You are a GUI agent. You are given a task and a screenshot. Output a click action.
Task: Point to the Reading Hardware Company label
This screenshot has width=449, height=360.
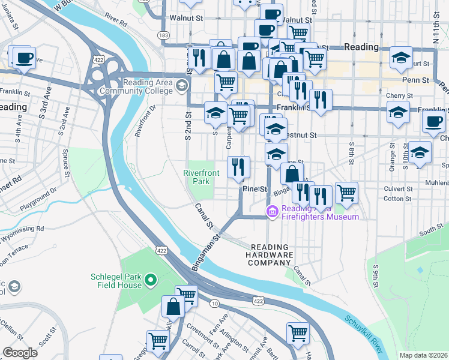point(270,255)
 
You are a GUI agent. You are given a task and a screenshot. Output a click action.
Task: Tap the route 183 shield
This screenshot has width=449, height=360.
point(163,35)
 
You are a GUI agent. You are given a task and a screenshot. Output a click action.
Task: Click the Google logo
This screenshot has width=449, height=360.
point(20,352)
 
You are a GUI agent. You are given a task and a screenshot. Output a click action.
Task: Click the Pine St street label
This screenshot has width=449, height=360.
point(255,189)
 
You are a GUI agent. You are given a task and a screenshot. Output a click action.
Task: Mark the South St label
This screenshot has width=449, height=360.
point(430,229)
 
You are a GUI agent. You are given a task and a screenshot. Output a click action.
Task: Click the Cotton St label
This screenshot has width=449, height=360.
point(397,199)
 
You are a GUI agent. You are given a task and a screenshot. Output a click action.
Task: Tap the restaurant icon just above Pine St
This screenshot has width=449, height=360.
point(238,167)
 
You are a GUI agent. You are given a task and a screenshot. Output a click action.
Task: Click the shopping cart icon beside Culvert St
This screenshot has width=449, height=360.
point(346,193)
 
